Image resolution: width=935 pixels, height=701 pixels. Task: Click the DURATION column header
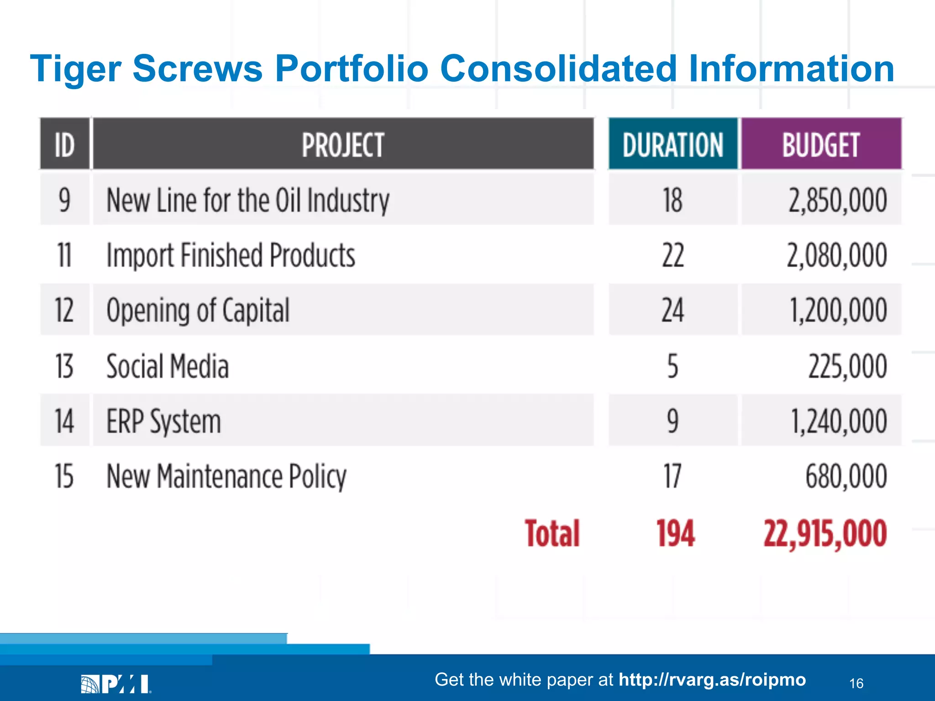[x=672, y=145]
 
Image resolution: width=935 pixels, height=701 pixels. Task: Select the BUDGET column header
[x=821, y=145]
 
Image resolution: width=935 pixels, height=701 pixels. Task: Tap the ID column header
[x=64, y=145]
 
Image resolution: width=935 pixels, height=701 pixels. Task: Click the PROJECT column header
[x=343, y=145]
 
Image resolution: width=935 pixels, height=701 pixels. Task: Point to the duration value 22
[x=672, y=255]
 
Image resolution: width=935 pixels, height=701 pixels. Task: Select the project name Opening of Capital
[x=198, y=310]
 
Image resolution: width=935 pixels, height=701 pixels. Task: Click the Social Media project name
[x=167, y=366]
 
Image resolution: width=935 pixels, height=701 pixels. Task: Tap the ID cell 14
[x=64, y=421]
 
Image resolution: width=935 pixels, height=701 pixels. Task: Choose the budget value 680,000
[x=846, y=476]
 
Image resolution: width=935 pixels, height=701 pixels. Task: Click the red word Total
[x=552, y=533]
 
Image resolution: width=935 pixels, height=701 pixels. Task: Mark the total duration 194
[x=675, y=533]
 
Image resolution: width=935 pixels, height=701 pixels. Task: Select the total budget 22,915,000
[x=825, y=533]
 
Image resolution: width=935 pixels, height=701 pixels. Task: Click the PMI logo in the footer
[x=116, y=684]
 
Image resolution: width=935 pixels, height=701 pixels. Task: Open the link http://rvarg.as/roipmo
[x=712, y=680]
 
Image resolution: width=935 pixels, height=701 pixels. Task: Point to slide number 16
[x=856, y=683]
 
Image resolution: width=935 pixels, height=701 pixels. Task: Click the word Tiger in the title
[x=75, y=68]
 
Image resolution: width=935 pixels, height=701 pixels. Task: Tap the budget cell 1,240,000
[x=838, y=421]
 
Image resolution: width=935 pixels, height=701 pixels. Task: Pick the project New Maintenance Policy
[x=226, y=476]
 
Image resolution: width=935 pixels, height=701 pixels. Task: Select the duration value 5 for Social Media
[x=672, y=366]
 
